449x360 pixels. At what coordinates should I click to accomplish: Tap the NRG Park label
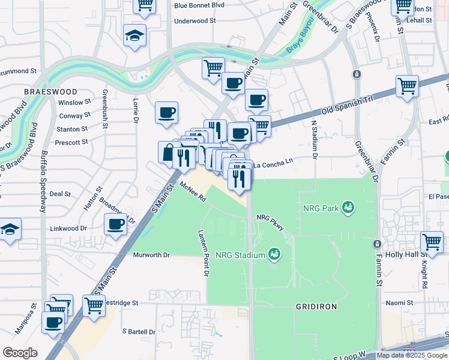[321, 209]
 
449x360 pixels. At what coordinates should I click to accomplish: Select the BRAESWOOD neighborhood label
[50, 92]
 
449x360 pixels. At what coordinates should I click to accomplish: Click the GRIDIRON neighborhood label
[316, 306]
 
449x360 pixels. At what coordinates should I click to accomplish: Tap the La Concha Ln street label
[273, 164]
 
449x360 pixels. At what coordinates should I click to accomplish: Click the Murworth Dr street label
[151, 255]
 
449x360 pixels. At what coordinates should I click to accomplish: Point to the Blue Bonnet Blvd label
[199, 5]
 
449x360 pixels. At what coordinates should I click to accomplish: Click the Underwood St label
[194, 20]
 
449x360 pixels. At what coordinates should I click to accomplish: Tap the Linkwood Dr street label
[68, 229]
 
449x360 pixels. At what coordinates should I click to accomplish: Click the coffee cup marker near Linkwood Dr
[115, 226]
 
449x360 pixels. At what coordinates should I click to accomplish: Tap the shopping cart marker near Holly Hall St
[432, 243]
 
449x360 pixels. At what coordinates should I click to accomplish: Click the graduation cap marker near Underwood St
[134, 36]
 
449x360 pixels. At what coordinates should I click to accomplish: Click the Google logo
[20, 352]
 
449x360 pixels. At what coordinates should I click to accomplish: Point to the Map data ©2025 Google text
[411, 355]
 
